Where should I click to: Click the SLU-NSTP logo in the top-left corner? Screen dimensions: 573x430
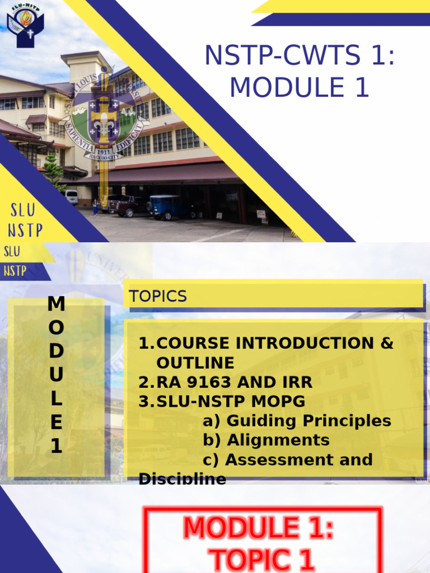point(25,25)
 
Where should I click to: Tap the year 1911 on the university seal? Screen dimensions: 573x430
point(104,151)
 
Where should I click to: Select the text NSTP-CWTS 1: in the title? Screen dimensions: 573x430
point(300,56)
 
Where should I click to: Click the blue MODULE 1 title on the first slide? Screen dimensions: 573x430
point(300,88)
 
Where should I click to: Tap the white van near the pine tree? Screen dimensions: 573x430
point(72,196)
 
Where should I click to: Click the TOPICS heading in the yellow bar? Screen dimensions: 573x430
point(158,297)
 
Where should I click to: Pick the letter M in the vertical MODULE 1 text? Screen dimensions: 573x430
point(56,304)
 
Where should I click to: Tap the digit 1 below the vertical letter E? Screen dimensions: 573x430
point(56,447)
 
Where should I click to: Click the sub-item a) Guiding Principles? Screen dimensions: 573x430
point(297,421)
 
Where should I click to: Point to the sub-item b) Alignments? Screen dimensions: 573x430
point(266,440)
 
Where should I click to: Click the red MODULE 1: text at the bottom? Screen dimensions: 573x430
point(259,528)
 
